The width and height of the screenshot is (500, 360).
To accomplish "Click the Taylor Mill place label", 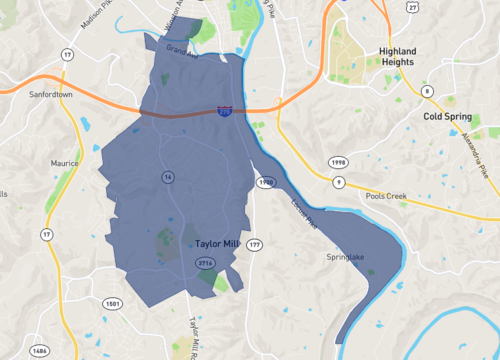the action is point(217,243).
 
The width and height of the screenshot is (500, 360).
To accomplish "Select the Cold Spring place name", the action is point(446,116).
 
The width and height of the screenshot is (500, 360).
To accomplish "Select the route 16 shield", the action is point(167,177).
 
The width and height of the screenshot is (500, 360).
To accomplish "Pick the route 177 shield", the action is point(254,244).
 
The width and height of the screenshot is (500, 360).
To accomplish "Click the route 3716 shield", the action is point(206,263).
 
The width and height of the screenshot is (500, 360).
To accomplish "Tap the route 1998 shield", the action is point(339,161).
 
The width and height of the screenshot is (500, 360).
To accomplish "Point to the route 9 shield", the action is point(339,182).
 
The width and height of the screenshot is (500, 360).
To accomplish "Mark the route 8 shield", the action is point(426,92).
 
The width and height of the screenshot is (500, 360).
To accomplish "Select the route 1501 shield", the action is point(112,303).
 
